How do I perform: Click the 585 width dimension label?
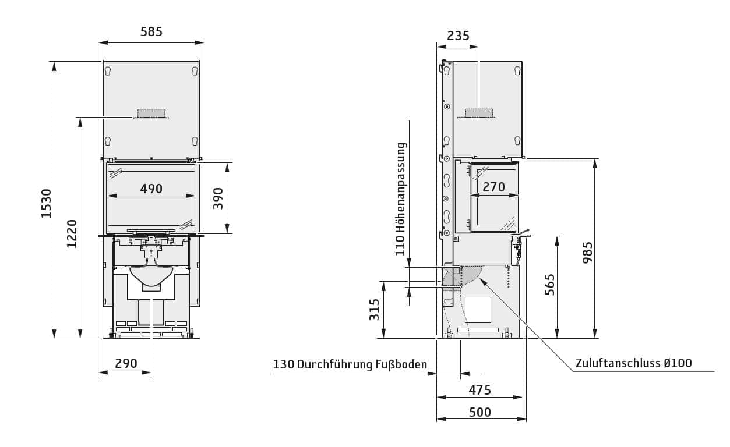click(151, 32)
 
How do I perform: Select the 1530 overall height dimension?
click(47, 204)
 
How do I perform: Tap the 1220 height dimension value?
click(72, 233)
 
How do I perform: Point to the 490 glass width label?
click(151, 189)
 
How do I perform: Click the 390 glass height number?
click(218, 198)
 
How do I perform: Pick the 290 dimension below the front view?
click(126, 363)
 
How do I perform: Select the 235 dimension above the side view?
click(458, 36)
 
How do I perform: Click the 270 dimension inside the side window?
click(493, 187)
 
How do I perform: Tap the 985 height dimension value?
click(587, 253)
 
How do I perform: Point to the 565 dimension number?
click(549, 285)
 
